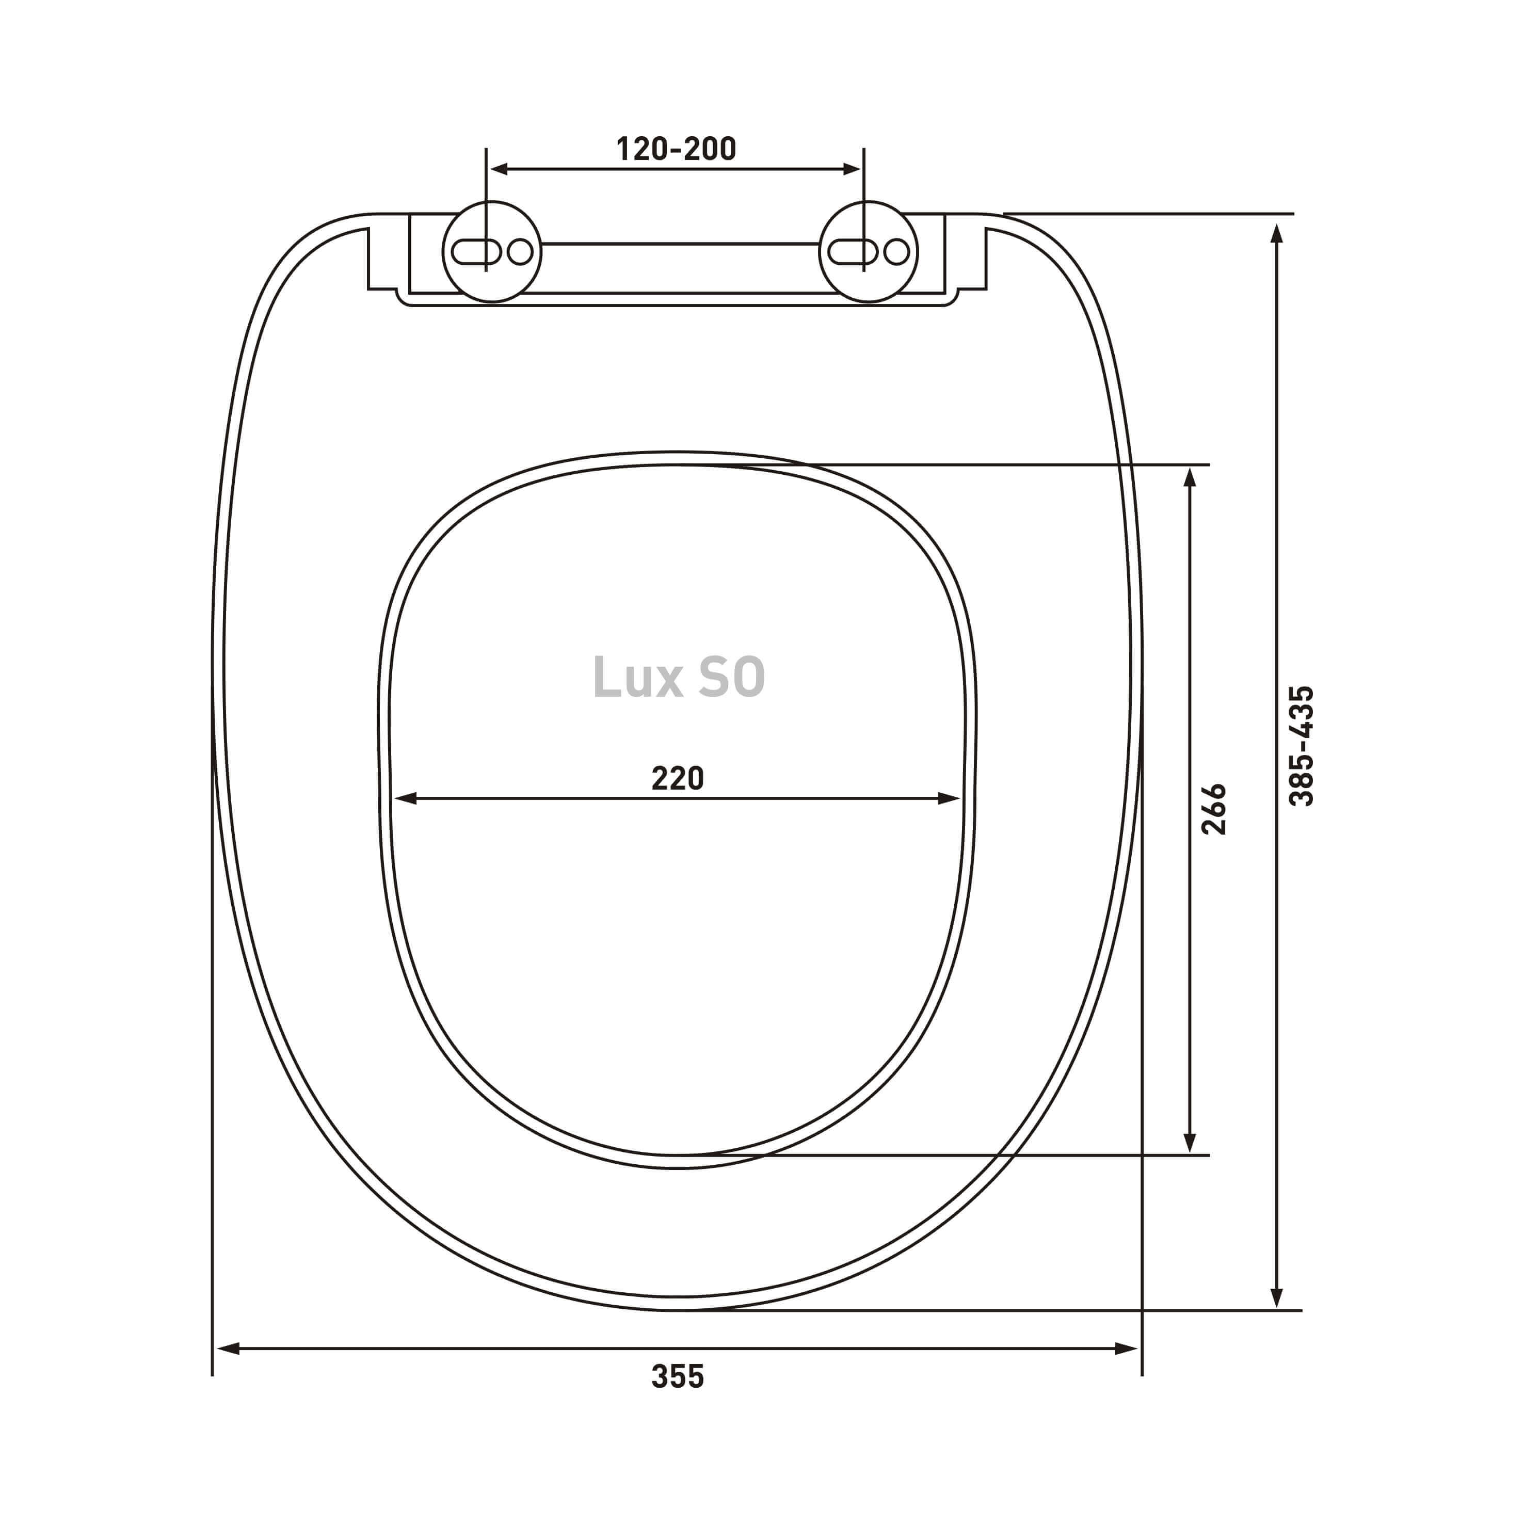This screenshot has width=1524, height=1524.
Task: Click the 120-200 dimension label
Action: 676,149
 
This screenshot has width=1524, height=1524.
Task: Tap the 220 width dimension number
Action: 678,779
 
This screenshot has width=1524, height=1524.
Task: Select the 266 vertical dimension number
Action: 1213,809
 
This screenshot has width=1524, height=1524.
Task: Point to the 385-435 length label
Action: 1301,746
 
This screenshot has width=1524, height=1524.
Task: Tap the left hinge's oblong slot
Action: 476,252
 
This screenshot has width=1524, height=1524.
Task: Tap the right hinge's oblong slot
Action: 853,252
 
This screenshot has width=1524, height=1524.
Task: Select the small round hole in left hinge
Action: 520,252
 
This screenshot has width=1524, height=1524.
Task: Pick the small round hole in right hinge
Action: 896,252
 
